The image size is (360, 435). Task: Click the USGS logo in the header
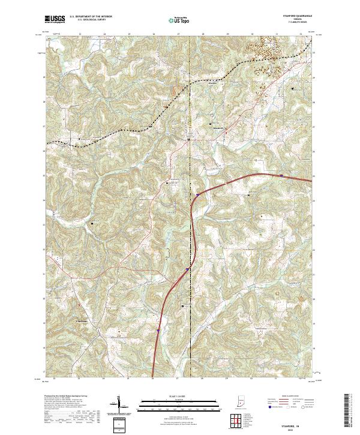click(55, 19)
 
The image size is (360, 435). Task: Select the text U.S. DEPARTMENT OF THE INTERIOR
click(91, 17)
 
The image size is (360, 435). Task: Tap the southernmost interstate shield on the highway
click(158, 329)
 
